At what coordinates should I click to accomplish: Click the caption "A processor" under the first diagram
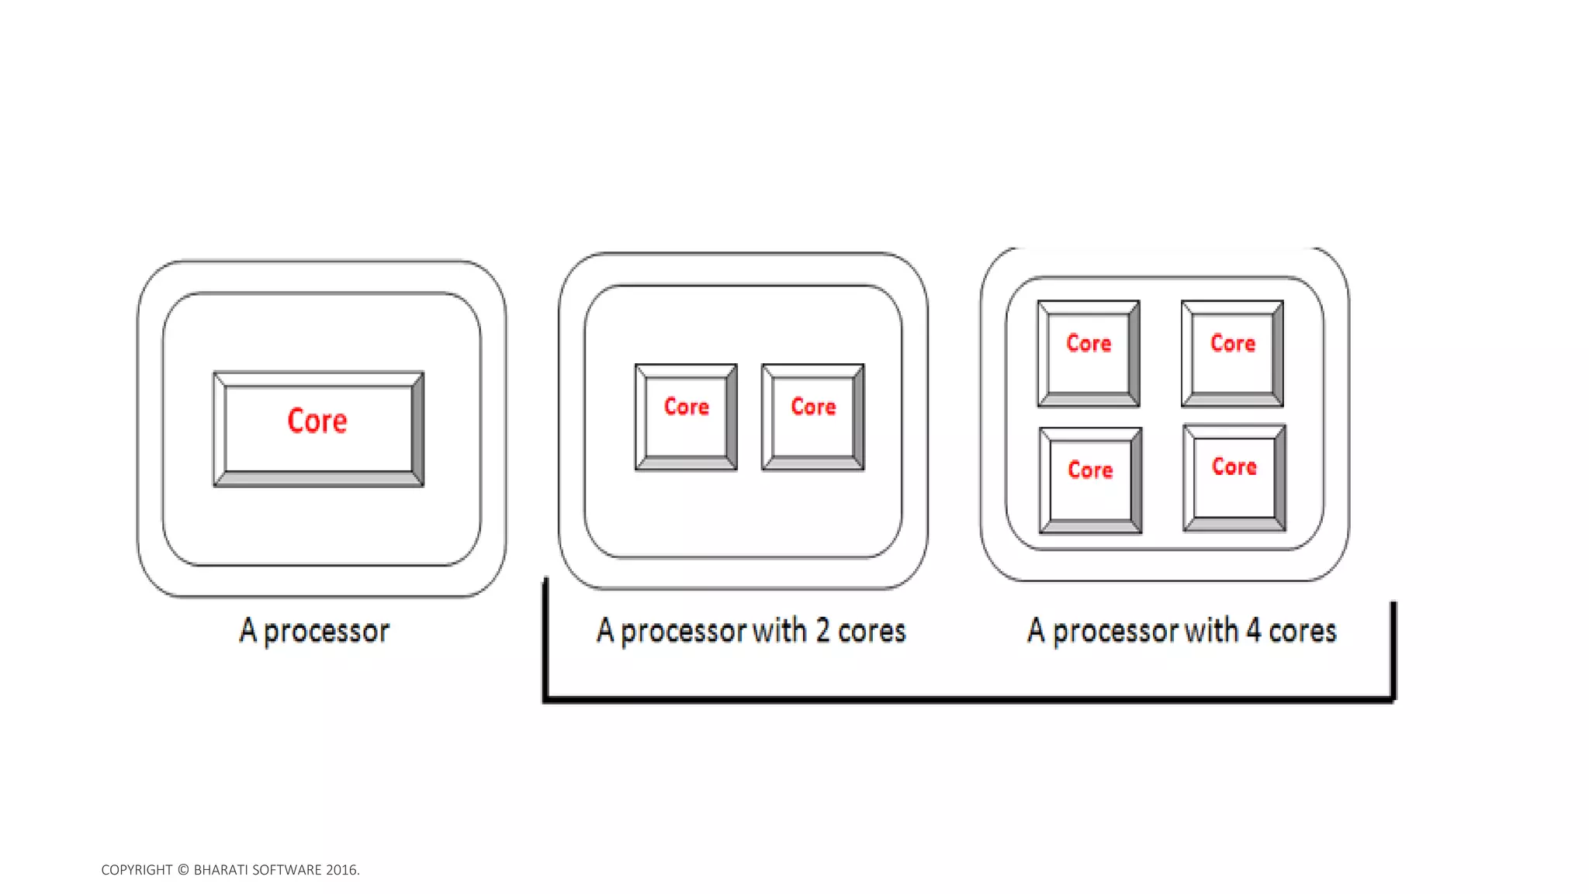pos(314,631)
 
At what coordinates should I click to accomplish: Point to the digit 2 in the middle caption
pos(822,630)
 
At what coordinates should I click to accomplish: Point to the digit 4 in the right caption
pos(1253,630)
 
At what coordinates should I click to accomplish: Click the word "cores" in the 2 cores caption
pos(871,631)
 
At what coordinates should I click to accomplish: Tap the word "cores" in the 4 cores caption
pos(1302,631)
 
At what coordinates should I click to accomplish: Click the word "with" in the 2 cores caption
pos(780,630)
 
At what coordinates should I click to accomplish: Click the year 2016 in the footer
pos(341,870)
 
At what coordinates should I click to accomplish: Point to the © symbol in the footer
pos(183,870)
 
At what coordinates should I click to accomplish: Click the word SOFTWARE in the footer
pos(287,870)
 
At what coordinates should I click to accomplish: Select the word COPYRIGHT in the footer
pos(137,870)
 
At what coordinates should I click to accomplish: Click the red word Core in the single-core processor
pos(317,421)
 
